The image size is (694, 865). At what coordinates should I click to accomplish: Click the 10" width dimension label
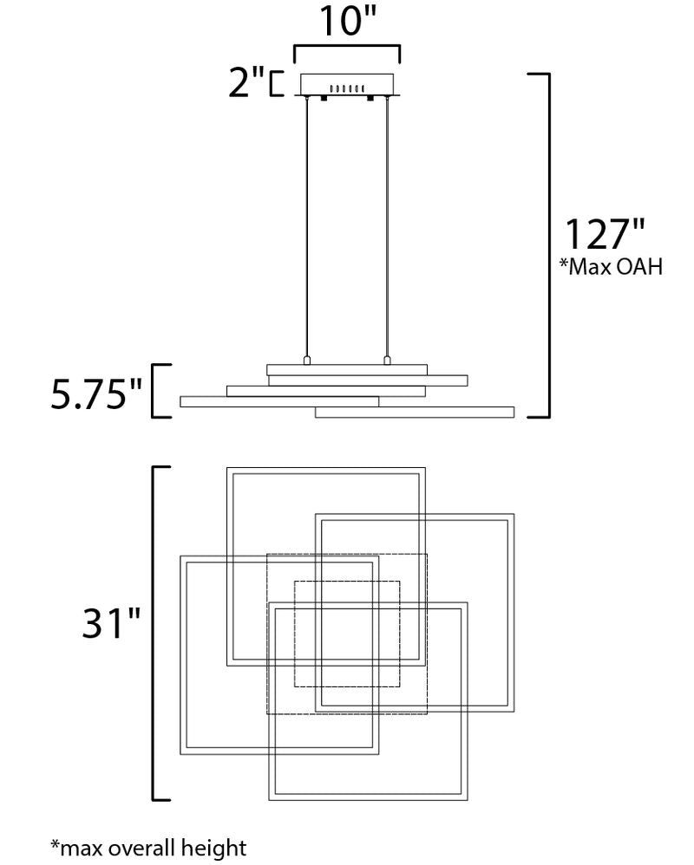click(x=348, y=21)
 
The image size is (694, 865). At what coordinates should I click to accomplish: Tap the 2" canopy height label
click(x=246, y=82)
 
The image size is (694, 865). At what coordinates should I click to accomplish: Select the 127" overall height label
click(x=605, y=234)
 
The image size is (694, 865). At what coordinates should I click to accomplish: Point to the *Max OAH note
click(x=612, y=267)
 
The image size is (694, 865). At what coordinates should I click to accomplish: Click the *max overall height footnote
click(x=148, y=848)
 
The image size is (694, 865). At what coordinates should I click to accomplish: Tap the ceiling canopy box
click(x=347, y=84)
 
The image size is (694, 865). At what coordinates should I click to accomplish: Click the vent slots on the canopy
click(x=347, y=88)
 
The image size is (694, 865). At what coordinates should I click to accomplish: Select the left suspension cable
click(x=307, y=227)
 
